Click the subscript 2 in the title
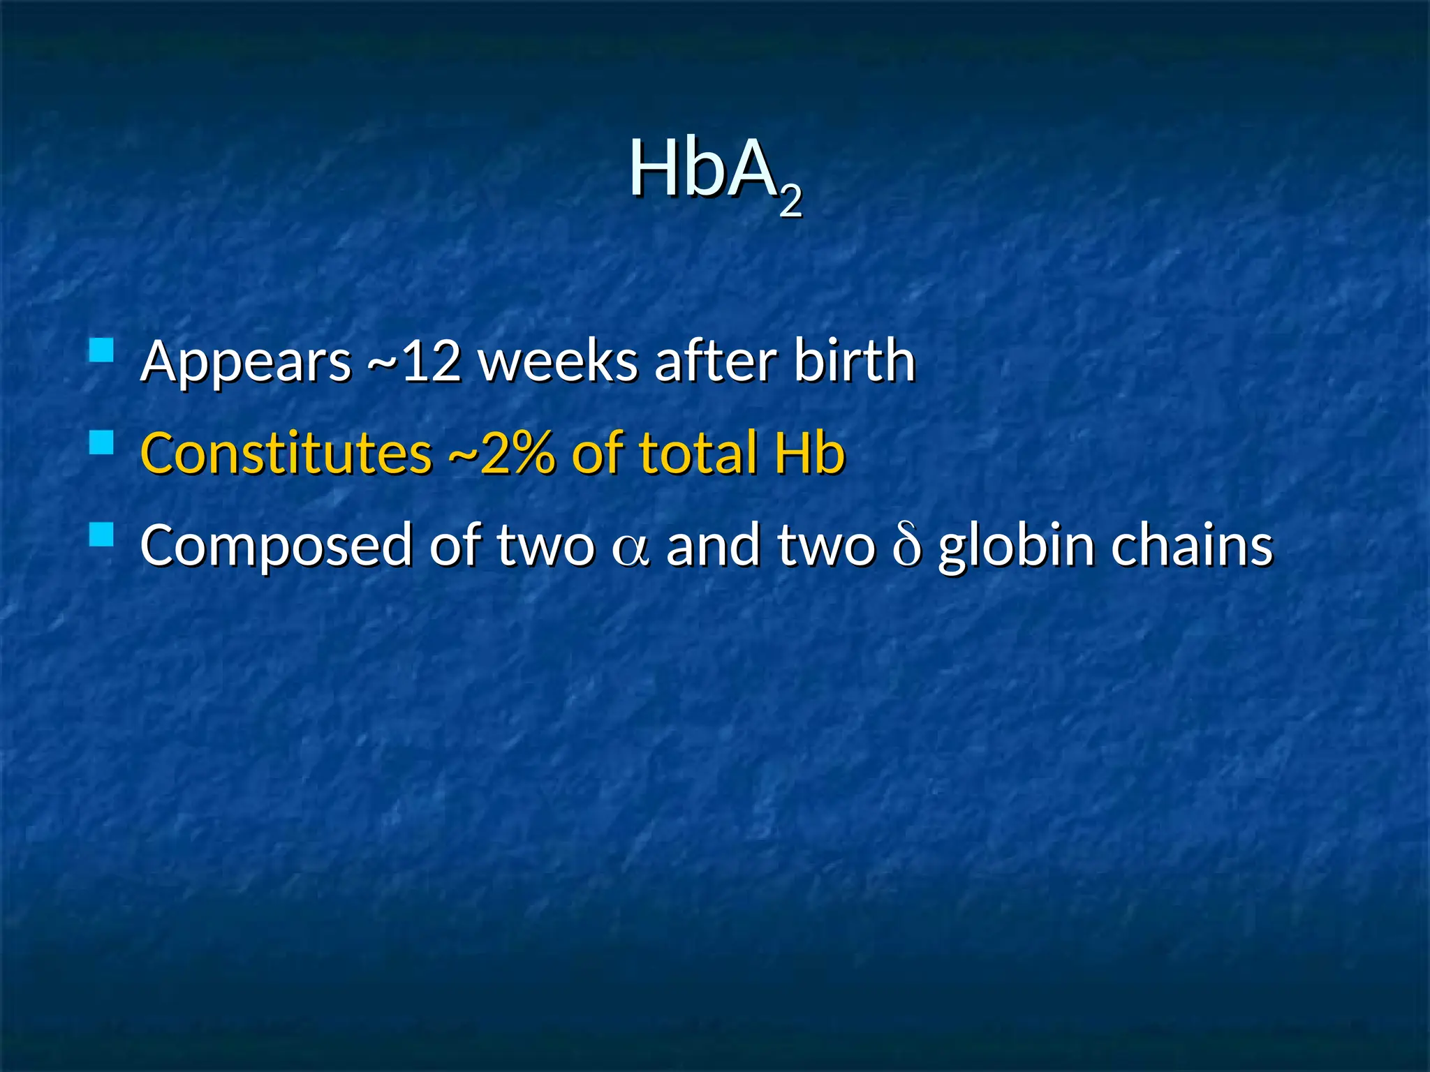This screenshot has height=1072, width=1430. pyautogui.click(x=790, y=202)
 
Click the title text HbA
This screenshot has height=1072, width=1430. pyautogui.click(x=703, y=170)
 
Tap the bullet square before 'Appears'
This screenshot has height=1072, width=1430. pyautogui.click(x=102, y=350)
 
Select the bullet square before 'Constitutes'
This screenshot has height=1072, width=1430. pyautogui.click(x=102, y=442)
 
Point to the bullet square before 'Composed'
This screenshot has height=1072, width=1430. pyautogui.click(x=102, y=535)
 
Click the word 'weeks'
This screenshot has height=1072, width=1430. pyautogui.click(x=558, y=362)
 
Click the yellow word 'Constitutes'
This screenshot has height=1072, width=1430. pyautogui.click(x=286, y=453)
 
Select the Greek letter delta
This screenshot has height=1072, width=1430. pyautogui.click(x=906, y=546)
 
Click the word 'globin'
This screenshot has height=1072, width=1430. pyautogui.click(x=1016, y=546)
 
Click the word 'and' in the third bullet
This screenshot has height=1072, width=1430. pyautogui.click(x=713, y=545)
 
